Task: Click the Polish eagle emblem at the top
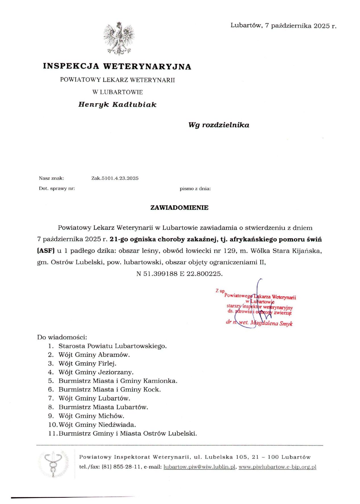119,38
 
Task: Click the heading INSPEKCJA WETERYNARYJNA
117,66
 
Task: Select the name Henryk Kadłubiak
117,104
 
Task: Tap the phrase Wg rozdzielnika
219,125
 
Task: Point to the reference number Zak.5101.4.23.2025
115,178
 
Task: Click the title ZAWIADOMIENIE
179,208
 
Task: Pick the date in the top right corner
283,26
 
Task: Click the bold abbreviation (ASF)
46,251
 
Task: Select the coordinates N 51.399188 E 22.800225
179,273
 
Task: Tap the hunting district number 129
230,251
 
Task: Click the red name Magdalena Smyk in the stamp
272,323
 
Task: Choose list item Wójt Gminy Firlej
87,363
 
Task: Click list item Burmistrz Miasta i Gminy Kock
109,389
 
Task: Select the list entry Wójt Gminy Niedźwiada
97,424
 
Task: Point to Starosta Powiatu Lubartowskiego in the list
112,346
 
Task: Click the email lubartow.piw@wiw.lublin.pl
199,466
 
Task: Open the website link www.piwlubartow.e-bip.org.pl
277,466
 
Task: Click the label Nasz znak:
51,178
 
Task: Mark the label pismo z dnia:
195,188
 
